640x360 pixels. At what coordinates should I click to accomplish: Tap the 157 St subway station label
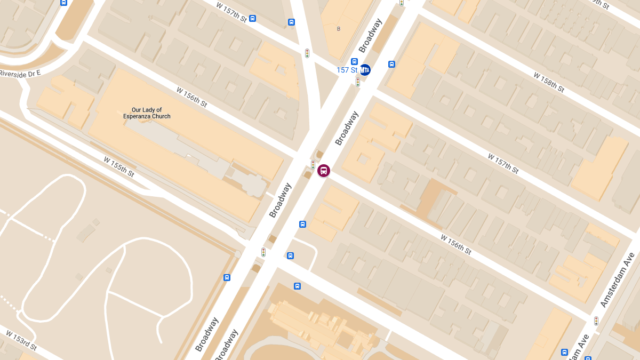[x=347, y=70]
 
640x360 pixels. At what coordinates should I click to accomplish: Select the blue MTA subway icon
[x=365, y=70]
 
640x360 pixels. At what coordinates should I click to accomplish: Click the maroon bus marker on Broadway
[x=324, y=171]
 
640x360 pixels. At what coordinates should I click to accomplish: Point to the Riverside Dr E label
[x=20, y=73]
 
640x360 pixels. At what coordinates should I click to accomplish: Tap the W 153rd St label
[x=21, y=340]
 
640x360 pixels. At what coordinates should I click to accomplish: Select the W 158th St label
[x=549, y=82]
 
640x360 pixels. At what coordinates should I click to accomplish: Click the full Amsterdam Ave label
[x=617, y=280]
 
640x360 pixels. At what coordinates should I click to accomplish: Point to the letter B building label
[x=338, y=29]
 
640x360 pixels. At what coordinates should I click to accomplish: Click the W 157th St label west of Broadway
[x=232, y=12]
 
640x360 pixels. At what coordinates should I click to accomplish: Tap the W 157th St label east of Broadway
[x=503, y=163]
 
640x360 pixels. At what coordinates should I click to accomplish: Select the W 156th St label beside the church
[x=191, y=97]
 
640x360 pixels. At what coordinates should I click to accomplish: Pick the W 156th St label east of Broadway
[x=456, y=244]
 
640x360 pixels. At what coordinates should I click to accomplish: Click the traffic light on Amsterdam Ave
[x=596, y=321]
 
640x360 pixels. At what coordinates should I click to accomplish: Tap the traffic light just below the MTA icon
[x=358, y=82]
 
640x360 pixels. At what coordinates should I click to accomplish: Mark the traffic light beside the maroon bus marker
[x=313, y=165]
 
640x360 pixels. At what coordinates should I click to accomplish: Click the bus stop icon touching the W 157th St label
[x=252, y=19]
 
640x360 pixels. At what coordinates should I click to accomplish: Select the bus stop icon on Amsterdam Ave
[x=564, y=352]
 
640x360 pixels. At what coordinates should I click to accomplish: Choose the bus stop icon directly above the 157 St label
[x=354, y=61]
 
